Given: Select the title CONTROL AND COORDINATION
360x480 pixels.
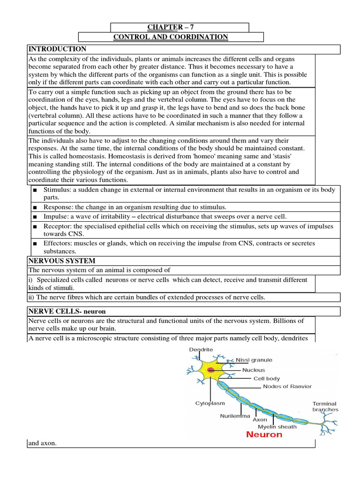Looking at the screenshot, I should (x=171, y=37).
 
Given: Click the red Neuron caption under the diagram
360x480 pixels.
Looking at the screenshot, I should (x=264, y=435).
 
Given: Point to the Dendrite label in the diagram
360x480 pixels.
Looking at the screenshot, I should (x=201, y=350).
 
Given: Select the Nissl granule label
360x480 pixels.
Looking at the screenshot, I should (x=254, y=360).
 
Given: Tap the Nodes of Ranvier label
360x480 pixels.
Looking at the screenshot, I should (x=287, y=387).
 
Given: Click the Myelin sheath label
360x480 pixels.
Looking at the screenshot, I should (x=277, y=427).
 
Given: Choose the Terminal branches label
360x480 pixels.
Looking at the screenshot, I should (x=325, y=406).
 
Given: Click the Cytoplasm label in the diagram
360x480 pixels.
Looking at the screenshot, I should (x=210, y=403).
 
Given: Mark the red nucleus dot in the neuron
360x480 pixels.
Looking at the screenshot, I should (x=211, y=370).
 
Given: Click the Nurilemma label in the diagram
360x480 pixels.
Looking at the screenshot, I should (x=235, y=415).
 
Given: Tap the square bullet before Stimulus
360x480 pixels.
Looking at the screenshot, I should (x=35, y=190).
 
